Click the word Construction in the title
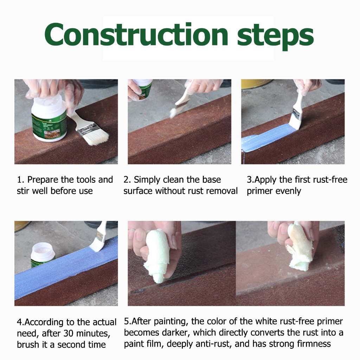(136, 35)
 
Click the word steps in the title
(275, 37)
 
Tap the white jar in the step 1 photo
(49, 118)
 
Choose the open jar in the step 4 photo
(43, 255)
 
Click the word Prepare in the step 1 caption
(43, 180)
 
